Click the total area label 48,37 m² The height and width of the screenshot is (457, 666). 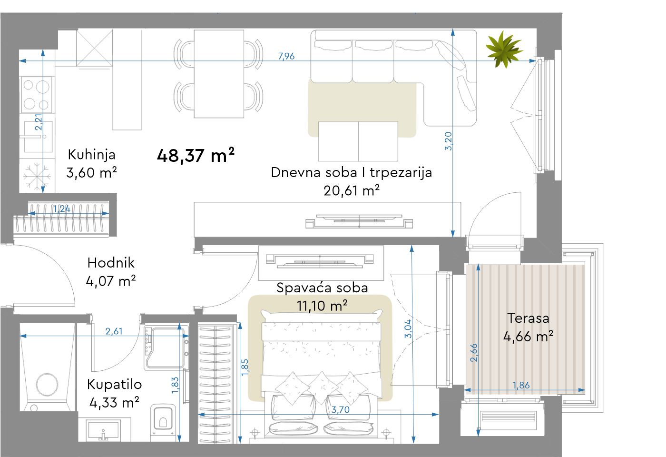coord(196,155)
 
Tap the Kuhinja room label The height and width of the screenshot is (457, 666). coord(91,154)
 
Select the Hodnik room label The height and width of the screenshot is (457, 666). coord(111,263)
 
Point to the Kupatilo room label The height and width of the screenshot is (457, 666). coord(115,385)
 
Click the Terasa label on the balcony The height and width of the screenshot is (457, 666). coord(528,318)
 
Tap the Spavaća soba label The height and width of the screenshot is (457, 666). coord(323,288)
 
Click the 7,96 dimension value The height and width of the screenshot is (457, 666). coord(286,56)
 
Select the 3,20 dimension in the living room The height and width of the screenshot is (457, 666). coord(448,141)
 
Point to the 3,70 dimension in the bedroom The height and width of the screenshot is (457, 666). coord(341,410)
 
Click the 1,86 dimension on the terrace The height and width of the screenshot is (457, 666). coord(521,385)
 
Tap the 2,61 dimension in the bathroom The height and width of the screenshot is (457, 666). coord(114,331)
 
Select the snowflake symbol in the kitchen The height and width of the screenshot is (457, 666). coord(37,176)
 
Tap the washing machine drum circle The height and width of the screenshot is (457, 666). coord(47,385)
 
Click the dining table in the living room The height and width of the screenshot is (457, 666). coord(219,74)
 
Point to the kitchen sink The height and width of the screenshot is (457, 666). coord(37,137)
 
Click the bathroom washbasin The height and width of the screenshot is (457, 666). coord(103,430)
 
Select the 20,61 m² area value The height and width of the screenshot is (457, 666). coord(352,190)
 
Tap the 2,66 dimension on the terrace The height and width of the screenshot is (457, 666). coord(474,353)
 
